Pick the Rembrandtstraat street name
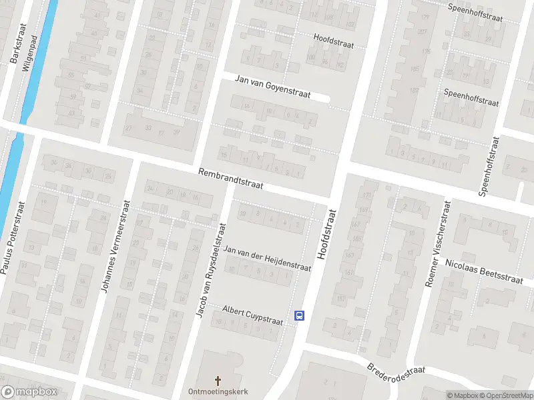coord(231,181)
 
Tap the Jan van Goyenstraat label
coord(272,87)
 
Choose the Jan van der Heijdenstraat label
coord(268,259)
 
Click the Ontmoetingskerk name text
coord(218,391)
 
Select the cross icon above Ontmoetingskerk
coord(218,380)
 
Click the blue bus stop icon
coord(300,315)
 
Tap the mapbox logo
coord(29,391)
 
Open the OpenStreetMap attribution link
coord(505,395)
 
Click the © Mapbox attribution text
coord(463,395)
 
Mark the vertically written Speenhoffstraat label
coord(489,167)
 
